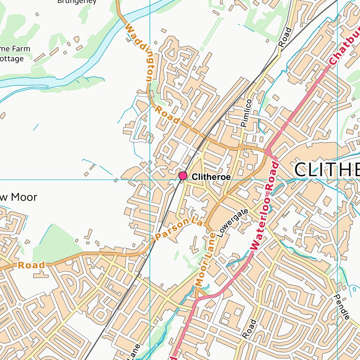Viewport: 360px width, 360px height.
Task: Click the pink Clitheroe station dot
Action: point(183,176)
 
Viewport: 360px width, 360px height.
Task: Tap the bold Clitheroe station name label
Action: point(211,177)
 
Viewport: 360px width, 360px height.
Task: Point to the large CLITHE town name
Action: point(327,170)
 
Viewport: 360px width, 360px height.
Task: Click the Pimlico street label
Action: point(246,113)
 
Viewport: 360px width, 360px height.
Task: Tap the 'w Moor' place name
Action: point(18,197)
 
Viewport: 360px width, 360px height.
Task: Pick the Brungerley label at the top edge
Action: point(77,2)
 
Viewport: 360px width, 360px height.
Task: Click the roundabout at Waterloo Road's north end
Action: point(268,152)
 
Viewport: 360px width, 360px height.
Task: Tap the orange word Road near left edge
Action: point(32,265)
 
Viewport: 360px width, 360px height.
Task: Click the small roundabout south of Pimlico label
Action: point(241,147)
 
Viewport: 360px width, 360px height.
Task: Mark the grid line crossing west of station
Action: point(150,180)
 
